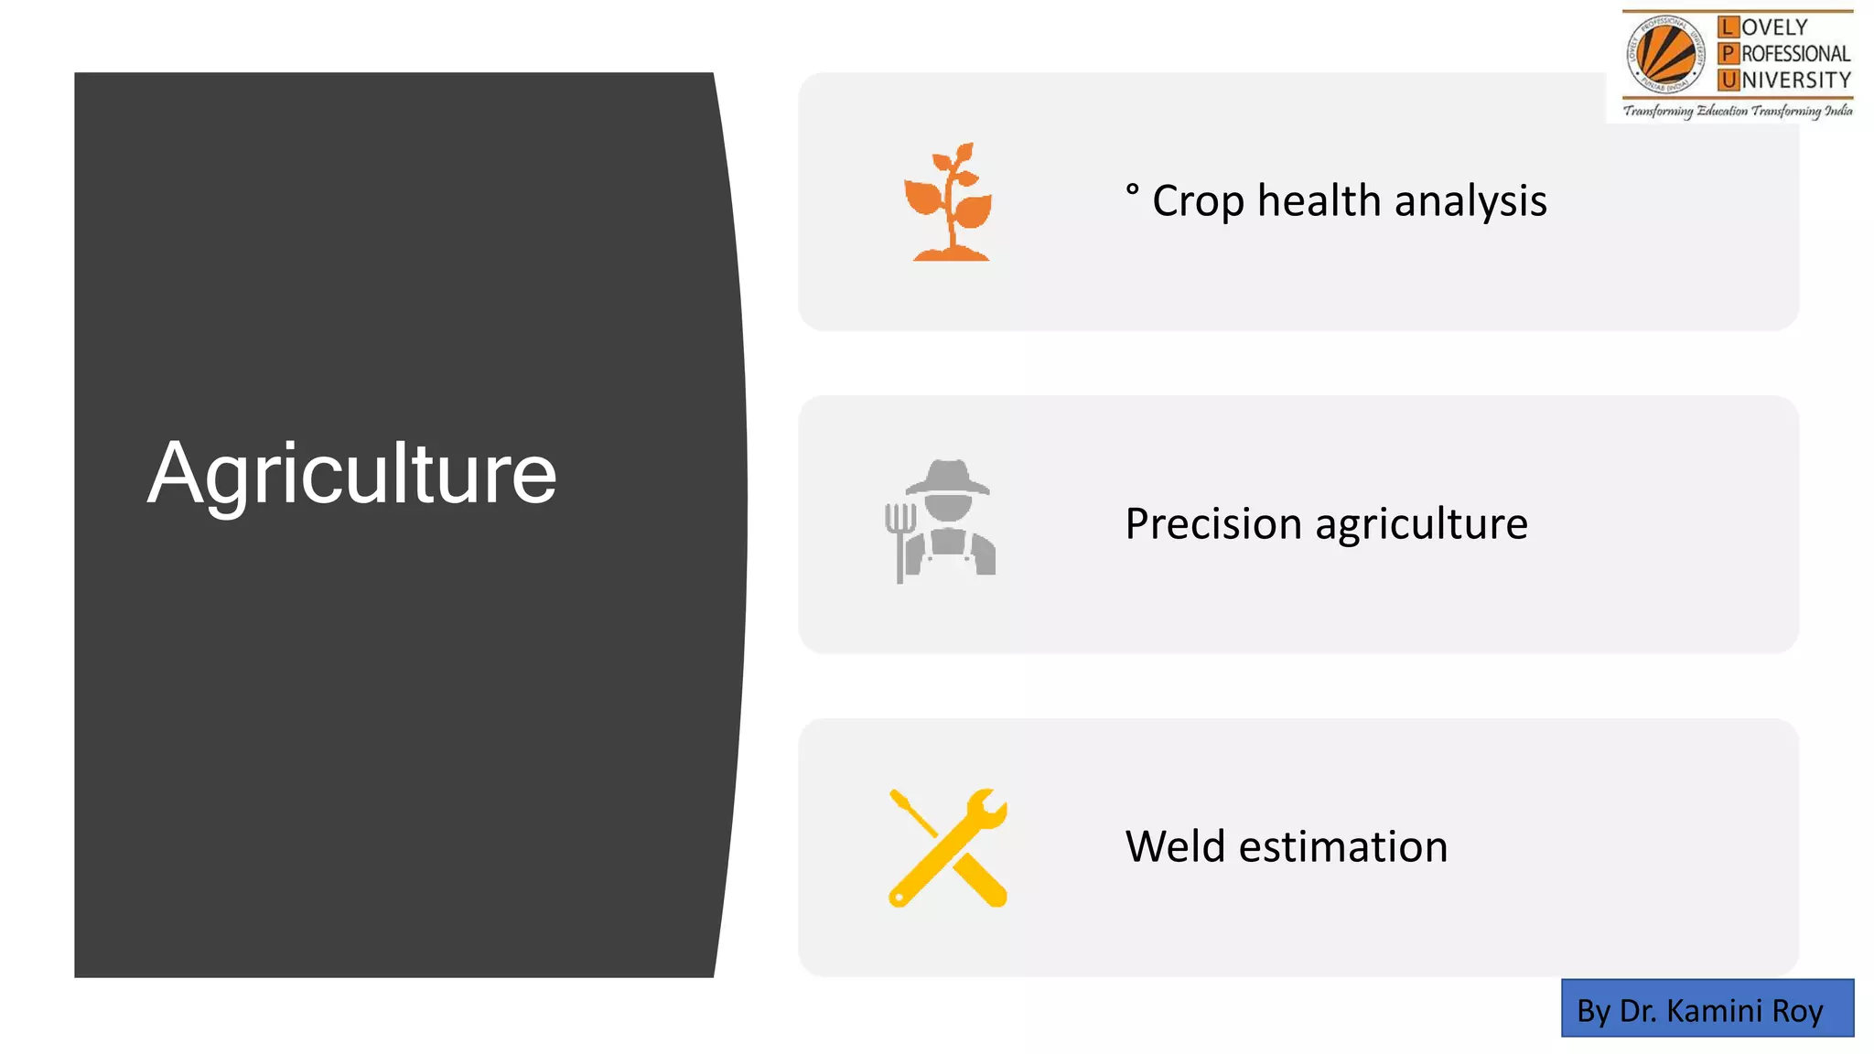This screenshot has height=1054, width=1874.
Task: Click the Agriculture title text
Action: coord(351,474)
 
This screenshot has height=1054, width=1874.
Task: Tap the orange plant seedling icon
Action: coord(949,203)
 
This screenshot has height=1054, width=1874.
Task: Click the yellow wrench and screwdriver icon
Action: coord(948,847)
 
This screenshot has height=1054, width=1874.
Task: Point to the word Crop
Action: coord(1197,201)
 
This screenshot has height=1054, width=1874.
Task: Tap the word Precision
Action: coord(1212,524)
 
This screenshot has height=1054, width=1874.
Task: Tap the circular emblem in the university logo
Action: coord(1665,55)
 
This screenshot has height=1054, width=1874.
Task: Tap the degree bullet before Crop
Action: coord(1132,189)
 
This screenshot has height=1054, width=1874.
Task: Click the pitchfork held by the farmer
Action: coord(899,540)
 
